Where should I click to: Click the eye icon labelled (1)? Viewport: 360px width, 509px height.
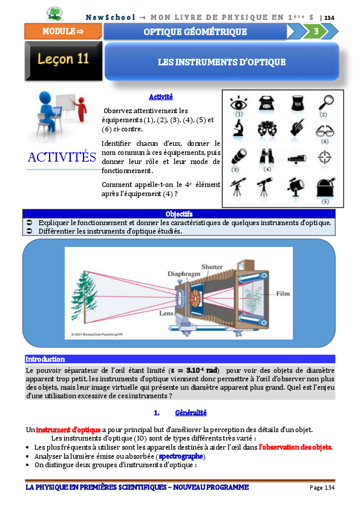pos(238,103)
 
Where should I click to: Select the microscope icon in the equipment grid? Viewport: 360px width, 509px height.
pos(238,128)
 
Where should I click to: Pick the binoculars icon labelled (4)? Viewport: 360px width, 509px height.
pos(266,157)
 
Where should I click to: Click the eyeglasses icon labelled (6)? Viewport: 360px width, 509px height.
pos(325,131)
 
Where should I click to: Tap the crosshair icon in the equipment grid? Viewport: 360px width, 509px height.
pos(324,157)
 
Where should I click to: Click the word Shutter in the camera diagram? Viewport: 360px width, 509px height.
pos(212,267)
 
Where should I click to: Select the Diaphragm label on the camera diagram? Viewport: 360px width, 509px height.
pos(184,274)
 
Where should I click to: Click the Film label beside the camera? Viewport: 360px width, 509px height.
pos(283,294)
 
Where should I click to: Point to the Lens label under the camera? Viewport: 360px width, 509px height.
pos(166,314)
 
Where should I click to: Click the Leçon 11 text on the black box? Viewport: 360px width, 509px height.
pos(64,59)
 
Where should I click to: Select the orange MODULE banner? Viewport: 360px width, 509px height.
pos(63,31)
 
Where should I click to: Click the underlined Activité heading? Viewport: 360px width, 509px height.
pos(161,97)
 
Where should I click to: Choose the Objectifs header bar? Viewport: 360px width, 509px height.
pos(179,214)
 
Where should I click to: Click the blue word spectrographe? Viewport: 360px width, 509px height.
pos(181,456)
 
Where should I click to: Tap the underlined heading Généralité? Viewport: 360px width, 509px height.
pos(191,413)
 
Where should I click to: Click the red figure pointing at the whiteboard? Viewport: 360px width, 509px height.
pos(81,109)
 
